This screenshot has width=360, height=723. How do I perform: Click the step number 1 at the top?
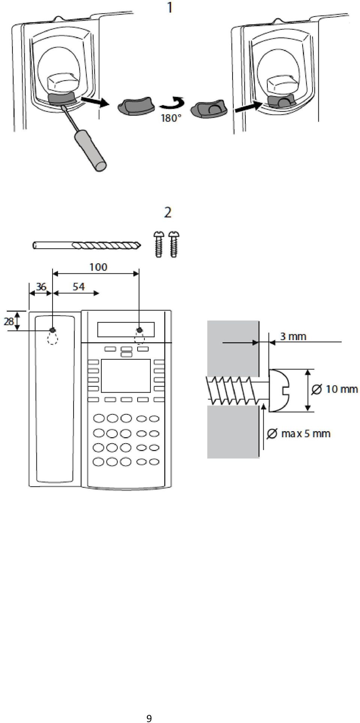(x=171, y=7)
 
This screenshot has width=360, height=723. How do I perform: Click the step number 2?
(x=168, y=213)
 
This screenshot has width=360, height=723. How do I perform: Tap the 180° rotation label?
(x=171, y=118)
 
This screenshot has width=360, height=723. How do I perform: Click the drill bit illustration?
(x=87, y=246)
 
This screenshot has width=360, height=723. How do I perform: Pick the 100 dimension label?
(x=98, y=267)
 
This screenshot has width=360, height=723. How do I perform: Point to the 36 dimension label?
(x=41, y=286)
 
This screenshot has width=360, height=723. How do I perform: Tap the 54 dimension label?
(x=78, y=286)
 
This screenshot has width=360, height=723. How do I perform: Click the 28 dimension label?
(x=9, y=321)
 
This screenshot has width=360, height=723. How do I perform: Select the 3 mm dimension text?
(x=293, y=336)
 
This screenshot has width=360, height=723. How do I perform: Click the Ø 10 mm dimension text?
(x=334, y=389)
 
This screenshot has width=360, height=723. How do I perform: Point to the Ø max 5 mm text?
(x=298, y=434)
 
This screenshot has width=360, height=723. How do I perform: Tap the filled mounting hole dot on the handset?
(x=52, y=330)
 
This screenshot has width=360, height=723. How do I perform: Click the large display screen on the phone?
(x=126, y=376)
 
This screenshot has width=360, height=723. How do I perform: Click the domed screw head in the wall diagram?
(x=279, y=390)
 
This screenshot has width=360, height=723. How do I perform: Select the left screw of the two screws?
(x=159, y=244)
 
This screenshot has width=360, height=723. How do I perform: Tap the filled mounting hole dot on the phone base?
(x=139, y=330)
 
